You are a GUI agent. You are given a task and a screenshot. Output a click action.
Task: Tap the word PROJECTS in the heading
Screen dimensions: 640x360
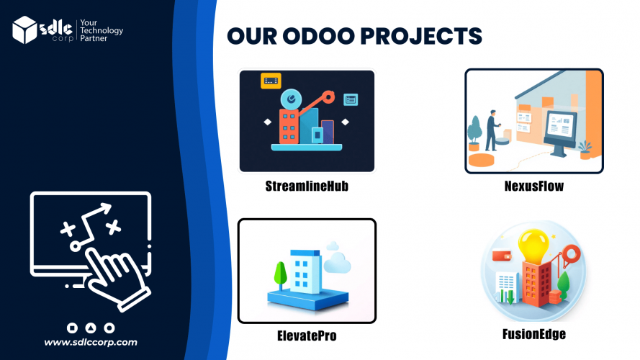pos(421,36)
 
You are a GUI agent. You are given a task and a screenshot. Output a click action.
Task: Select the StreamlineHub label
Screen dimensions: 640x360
pos(307,186)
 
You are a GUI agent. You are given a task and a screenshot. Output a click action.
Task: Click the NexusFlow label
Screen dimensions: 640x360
pos(534,186)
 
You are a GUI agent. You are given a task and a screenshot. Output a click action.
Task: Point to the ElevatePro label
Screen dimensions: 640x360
pos(307,336)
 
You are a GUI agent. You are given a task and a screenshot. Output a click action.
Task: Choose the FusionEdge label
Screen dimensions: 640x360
pos(534,334)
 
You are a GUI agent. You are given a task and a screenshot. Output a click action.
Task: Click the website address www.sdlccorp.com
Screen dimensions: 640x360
pos(91,342)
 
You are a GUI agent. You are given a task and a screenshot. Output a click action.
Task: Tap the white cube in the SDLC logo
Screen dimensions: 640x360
pos(24,30)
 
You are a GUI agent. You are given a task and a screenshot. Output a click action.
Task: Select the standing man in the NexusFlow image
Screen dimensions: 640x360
pos(492,130)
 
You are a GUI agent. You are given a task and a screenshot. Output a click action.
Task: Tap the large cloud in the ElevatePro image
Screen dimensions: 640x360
pos(338,263)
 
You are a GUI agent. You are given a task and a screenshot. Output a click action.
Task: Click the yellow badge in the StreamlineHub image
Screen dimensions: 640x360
pos(271,81)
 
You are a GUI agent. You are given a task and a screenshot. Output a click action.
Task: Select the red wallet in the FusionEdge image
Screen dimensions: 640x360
pos(502,255)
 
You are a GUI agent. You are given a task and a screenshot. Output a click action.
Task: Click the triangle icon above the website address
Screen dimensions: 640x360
pos(91,328)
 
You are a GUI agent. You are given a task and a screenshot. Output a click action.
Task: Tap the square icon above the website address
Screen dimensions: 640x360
pos(72,328)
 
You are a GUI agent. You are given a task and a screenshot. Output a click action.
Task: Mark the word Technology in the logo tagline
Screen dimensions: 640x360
pos(102,31)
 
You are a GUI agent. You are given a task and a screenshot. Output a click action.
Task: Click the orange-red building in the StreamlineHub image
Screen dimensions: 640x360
pos(289,127)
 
